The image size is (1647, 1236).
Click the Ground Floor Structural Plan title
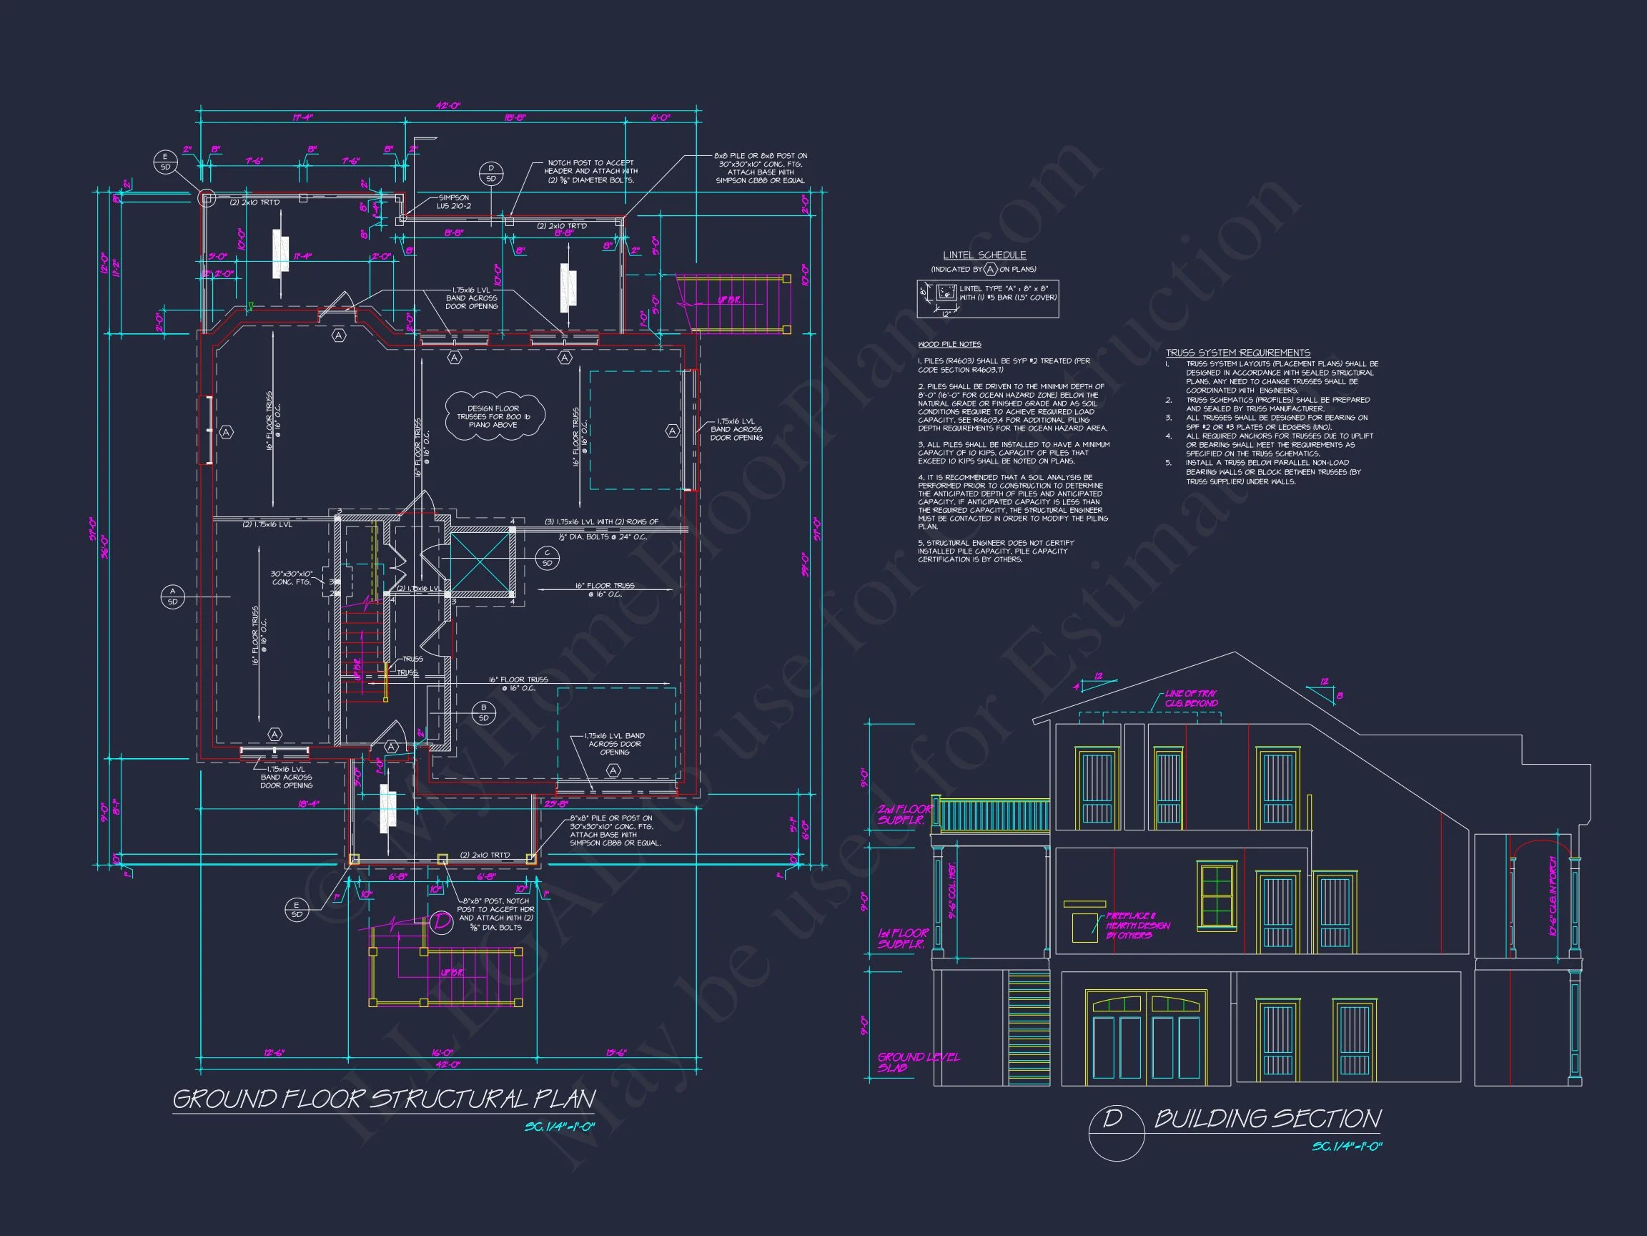pyautogui.click(x=383, y=1099)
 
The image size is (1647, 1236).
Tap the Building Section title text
pyautogui.click(x=1267, y=1119)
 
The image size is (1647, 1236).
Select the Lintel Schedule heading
pyautogui.click(x=984, y=255)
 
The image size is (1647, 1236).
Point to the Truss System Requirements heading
pyautogui.click(x=1237, y=353)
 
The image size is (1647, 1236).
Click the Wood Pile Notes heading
pyautogui.click(x=949, y=344)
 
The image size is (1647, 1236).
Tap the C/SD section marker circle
pyautogui.click(x=548, y=557)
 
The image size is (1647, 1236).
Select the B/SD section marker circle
pyautogui.click(x=484, y=713)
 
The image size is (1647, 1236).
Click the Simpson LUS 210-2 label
pyautogui.click(x=453, y=202)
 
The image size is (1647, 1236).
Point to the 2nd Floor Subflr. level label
pyautogui.click(x=903, y=814)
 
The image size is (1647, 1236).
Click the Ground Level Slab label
pyautogui.click(x=918, y=1061)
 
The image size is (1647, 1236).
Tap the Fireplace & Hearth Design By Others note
pyautogui.click(x=1137, y=926)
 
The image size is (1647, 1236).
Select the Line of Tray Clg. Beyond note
pyautogui.click(x=1191, y=698)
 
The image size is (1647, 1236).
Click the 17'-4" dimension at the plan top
pyautogui.click(x=302, y=118)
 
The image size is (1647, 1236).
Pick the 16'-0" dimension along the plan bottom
pyautogui.click(x=442, y=1053)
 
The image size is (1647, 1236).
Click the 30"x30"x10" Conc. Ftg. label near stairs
pyautogui.click(x=291, y=577)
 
